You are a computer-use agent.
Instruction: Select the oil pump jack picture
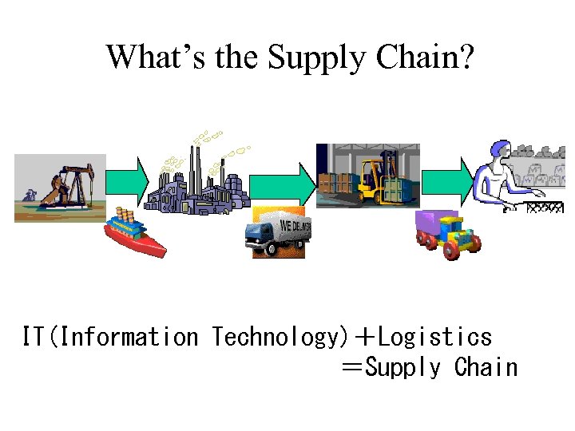click(60, 187)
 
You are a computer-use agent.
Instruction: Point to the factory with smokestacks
click(196, 180)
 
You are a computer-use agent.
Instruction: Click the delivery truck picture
click(279, 231)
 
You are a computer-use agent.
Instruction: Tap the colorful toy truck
click(447, 233)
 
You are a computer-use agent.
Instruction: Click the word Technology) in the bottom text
click(276, 337)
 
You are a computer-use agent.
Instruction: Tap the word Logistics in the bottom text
click(435, 337)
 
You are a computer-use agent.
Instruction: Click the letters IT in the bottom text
click(33, 337)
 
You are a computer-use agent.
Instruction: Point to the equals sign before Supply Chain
click(351, 368)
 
